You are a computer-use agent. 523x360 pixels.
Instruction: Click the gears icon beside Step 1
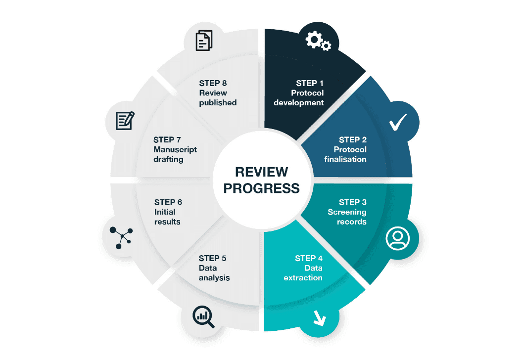[x=318, y=41]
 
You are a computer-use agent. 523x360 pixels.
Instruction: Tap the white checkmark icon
[x=398, y=122]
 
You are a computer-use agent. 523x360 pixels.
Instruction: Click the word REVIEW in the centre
[x=261, y=172]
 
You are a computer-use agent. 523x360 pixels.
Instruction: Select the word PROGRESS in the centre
[x=261, y=188]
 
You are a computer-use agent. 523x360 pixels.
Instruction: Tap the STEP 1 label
[x=310, y=83]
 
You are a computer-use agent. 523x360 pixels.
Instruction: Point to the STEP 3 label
[x=353, y=202]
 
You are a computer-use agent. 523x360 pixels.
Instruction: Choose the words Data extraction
[x=303, y=273]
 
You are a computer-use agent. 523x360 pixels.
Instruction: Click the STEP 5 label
[x=213, y=258]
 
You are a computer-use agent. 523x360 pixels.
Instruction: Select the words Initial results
[x=167, y=217]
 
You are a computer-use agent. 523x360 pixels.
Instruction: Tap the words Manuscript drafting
[x=175, y=154]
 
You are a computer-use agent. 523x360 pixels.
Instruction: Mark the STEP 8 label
[x=213, y=83]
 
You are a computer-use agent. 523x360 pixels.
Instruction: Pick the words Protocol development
[x=299, y=98]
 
